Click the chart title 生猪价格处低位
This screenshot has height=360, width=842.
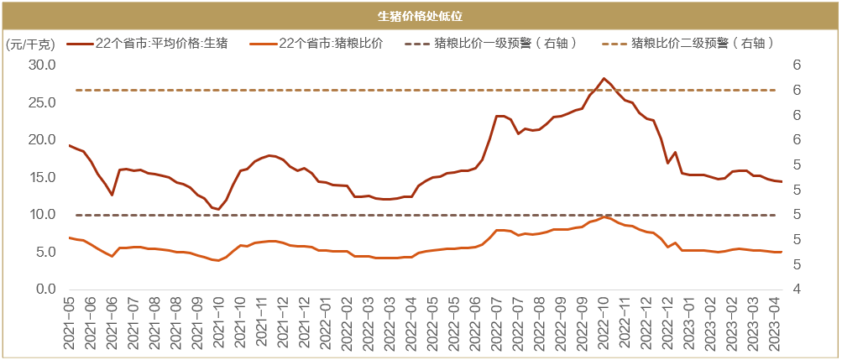coord(421,15)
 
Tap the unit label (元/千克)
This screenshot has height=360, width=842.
coord(31,44)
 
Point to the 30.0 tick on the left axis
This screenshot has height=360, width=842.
coord(41,65)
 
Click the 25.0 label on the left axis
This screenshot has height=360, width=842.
coord(41,102)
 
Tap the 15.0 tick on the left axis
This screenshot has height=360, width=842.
coord(41,177)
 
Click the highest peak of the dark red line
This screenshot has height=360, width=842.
coord(604,78)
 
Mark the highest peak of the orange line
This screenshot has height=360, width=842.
coord(604,217)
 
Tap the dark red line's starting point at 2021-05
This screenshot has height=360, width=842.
coord(70,146)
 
